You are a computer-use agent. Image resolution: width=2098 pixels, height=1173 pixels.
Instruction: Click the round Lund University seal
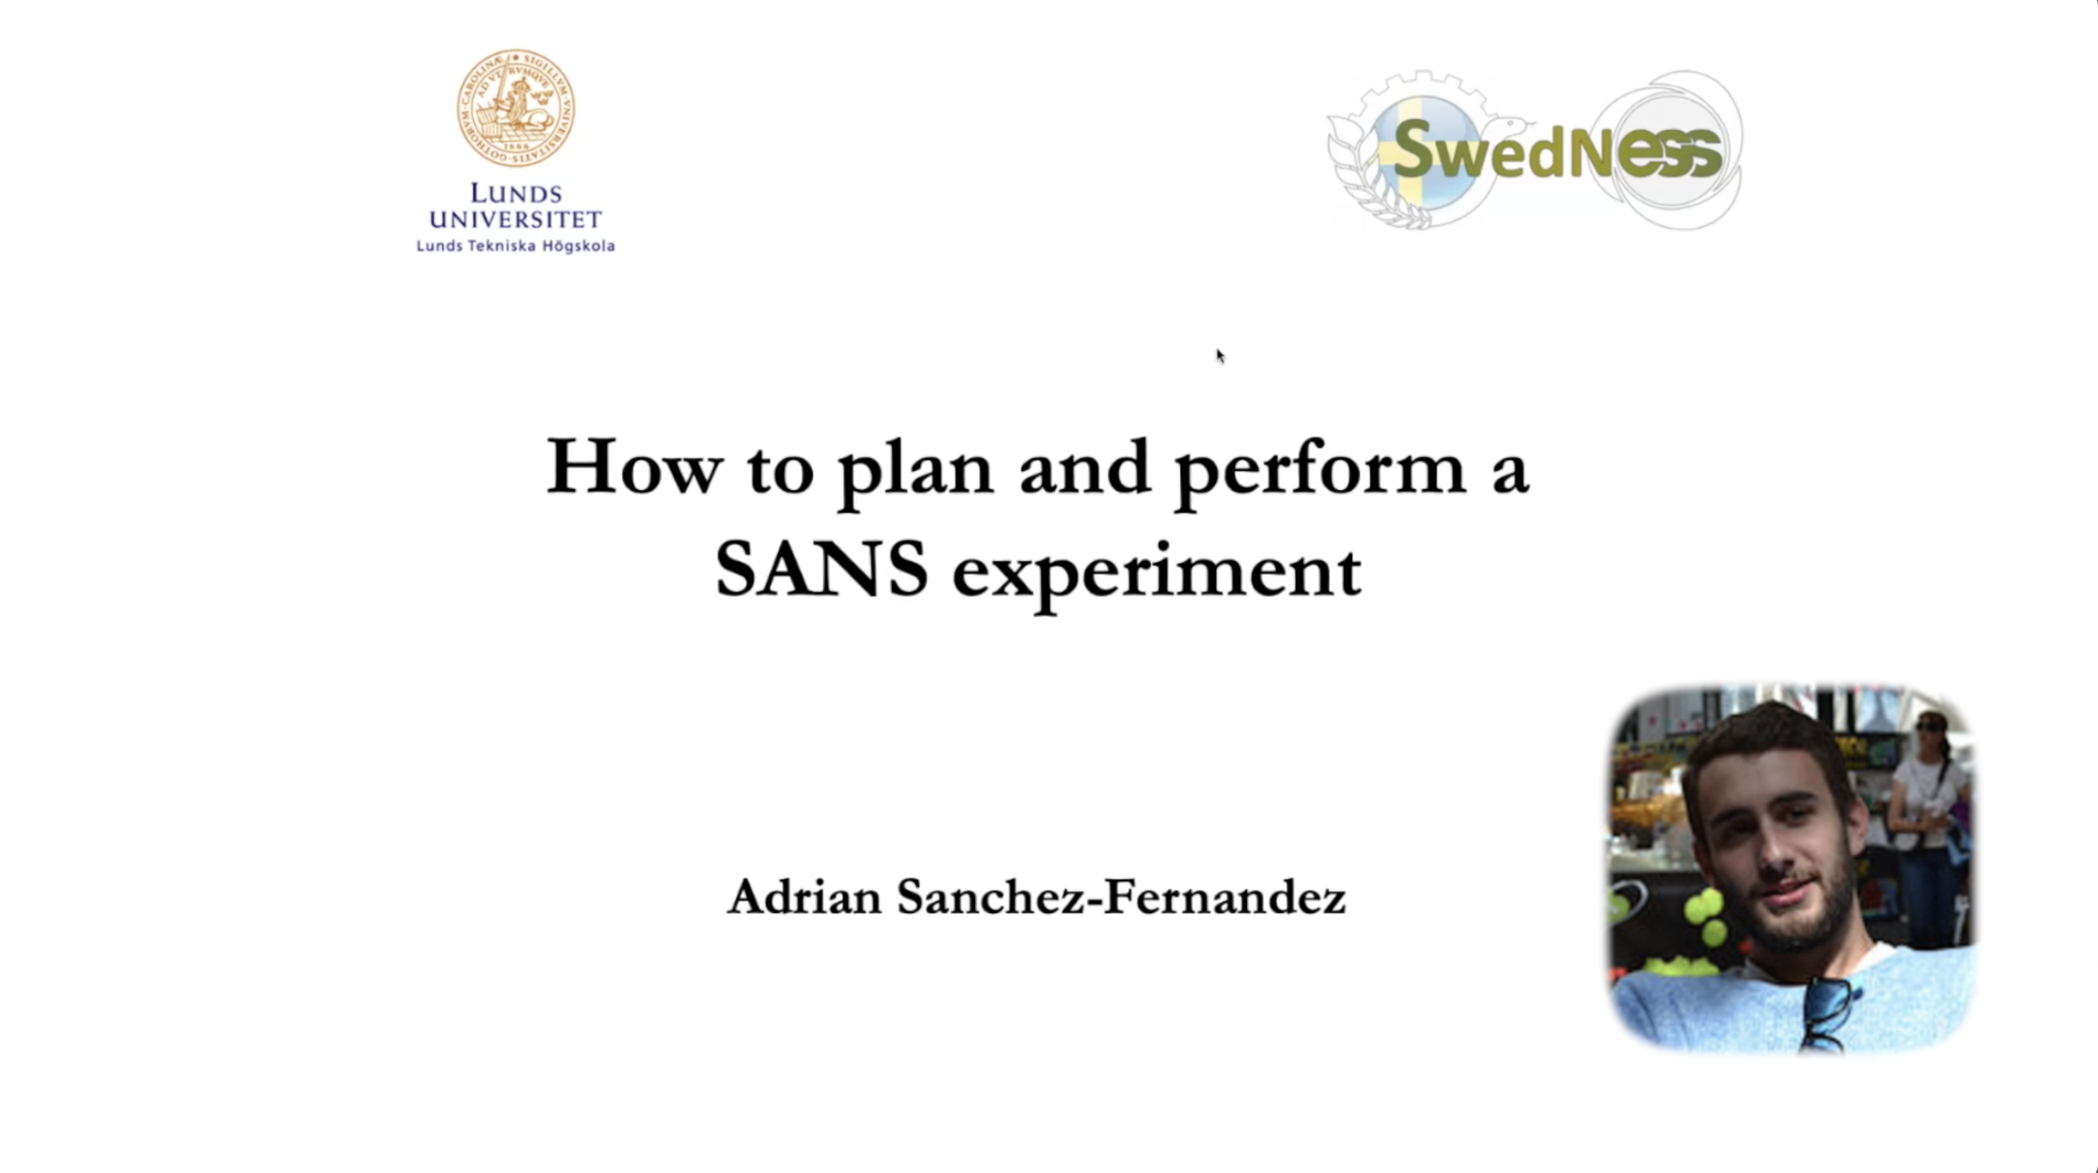click(515, 107)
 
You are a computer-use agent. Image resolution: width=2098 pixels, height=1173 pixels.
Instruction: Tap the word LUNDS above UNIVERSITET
click(515, 194)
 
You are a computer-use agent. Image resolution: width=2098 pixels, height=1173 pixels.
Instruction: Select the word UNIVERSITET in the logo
click(515, 220)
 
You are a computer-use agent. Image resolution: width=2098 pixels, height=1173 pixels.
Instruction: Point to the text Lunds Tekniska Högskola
click(515, 246)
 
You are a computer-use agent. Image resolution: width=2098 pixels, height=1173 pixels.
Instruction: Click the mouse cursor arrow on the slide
click(1219, 356)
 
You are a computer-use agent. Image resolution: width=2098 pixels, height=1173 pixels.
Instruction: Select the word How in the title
click(634, 467)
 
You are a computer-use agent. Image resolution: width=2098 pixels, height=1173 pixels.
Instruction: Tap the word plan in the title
click(916, 470)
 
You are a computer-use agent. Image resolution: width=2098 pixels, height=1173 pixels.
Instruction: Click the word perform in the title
click(1320, 470)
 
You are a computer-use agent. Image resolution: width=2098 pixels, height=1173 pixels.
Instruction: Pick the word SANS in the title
click(821, 571)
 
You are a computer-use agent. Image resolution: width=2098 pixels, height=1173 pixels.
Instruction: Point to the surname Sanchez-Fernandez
click(1121, 897)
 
